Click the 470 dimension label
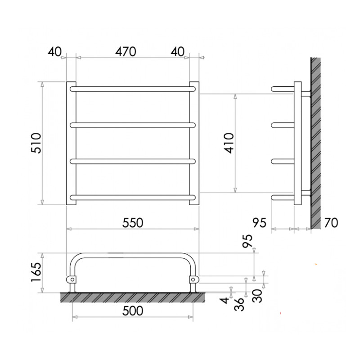tap(126, 52)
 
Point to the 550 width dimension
tap(133, 222)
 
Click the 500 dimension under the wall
tap(133, 310)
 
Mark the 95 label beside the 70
tap(260, 222)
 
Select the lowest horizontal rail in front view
tap(133, 197)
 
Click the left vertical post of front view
tap(71, 143)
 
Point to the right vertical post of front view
tap(194, 143)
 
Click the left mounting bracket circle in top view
tap(71, 279)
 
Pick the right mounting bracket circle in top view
tap(193, 279)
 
